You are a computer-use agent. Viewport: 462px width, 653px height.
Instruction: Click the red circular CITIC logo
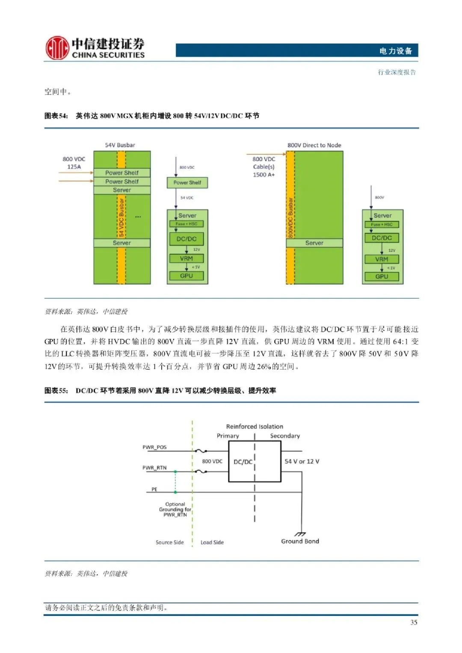pyautogui.click(x=57, y=47)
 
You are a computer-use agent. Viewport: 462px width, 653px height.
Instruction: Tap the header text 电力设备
pyautogui.click(x=395, y=51)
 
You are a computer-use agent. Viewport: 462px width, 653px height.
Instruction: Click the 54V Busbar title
pyautogui.click(x=120, y=145)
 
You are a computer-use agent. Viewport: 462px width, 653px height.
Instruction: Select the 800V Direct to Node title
pyautogui.click(x=314, y=145)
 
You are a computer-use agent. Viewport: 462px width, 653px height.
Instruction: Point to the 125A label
pyautogui.click(x=74, y=167)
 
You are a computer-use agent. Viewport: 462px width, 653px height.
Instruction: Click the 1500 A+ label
pyautogui.click(x=264, y=174)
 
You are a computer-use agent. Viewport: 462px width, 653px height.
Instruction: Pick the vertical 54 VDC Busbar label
pyautogui.click(x=121, y=217)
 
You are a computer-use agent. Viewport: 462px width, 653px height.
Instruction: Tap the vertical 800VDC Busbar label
pyautogui.click(x=290, y=218)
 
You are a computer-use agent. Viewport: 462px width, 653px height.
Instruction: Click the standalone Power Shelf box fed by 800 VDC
pyautogui.click(x=187, y=182)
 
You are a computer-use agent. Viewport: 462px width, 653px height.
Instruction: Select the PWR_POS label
pyautogui.click(x=154, y=447)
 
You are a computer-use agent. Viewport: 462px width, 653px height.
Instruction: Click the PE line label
pyautogui.click(x=154, y=489)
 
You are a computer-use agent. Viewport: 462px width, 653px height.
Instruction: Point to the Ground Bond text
pyautogui.click(x=300, y=541)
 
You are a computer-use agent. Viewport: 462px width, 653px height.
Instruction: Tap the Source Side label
pyautogui.click(x=169, y=542)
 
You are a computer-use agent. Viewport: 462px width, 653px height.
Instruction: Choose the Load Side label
pyautogui.click(x=212, y=542)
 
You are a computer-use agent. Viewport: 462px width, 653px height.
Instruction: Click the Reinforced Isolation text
pyautogui.click(x=255, y=427)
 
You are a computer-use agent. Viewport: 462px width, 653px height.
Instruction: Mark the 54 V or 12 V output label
pyautogui.click(x=302, y=462)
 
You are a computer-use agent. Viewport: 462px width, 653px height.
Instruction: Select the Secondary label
pyautogui.click(x=285, y=436)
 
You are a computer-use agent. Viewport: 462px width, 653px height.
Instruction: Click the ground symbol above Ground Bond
pyautogui.click(x=300, y=534)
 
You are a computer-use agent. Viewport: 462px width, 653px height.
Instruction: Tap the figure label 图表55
pyautogui.click(x=56, y=391)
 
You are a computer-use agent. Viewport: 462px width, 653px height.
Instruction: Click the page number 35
pyautogui.click(x=414, y=622)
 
